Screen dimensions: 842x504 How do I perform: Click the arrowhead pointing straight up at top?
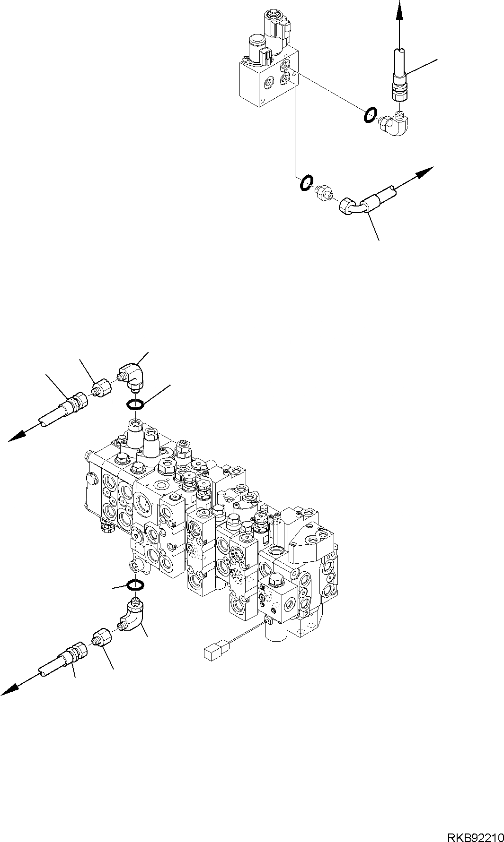coord(399,9)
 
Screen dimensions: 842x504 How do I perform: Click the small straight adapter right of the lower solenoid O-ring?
coord(324,190)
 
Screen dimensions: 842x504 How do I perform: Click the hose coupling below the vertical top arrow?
coord(399,88)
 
